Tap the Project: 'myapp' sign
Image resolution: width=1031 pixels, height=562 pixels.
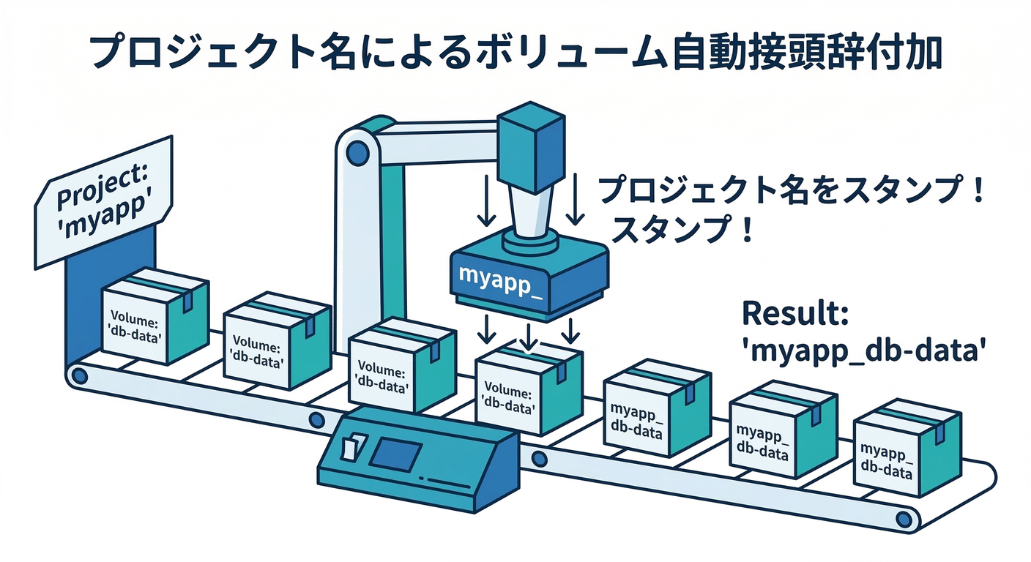coord(103,199)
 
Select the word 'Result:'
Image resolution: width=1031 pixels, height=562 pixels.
coord(794,313)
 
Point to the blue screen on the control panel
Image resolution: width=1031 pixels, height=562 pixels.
coord(395,454)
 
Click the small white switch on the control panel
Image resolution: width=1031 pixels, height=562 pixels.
coord(352,447)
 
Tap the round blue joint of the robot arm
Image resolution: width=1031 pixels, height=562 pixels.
coord(358,153)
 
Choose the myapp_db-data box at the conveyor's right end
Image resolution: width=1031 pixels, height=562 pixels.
coord(907,448)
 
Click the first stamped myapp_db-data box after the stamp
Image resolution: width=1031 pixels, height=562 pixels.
coord(654,410)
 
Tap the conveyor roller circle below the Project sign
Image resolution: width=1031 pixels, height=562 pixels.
coord(78,377)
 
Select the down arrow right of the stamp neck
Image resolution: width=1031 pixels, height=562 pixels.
coord(576,198)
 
